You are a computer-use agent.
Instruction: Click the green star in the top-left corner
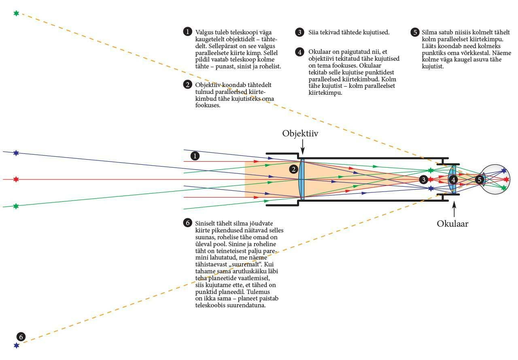(16, 13)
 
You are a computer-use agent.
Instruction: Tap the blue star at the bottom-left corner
(17, 345)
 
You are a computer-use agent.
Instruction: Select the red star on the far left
(16, 179)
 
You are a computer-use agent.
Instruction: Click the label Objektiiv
(300, 134)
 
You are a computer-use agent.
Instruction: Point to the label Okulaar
(452, 224)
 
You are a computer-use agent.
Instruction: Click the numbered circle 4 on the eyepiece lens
(454, 179)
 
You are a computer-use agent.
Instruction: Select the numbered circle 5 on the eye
(480, 179)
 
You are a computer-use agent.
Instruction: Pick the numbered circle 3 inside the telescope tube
(423, 179)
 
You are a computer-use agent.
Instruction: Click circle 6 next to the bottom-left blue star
(21, 337)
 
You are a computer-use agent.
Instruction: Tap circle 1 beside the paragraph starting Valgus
(187, 32)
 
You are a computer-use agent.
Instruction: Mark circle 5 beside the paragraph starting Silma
(414, 32)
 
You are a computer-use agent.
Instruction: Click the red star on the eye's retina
(506, 179)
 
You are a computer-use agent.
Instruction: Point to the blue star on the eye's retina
(504, 171)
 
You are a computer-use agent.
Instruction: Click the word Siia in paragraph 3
(313, 32)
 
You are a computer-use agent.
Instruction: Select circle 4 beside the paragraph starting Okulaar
(300, 52)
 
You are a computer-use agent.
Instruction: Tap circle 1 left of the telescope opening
(195, 156)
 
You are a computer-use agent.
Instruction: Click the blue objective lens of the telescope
(302, 179)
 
